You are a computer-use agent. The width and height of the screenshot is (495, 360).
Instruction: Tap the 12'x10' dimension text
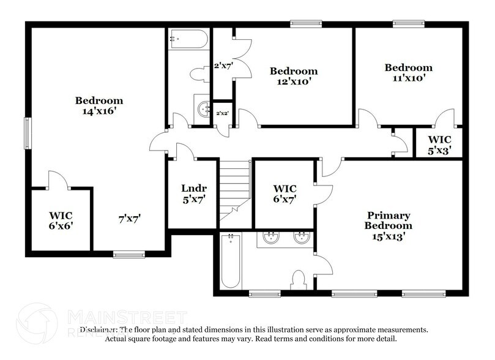294,82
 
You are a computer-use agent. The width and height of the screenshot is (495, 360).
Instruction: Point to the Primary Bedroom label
389,225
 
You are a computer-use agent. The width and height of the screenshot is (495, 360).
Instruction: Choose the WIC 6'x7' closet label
285,194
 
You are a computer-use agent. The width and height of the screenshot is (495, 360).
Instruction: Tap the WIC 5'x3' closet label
439,144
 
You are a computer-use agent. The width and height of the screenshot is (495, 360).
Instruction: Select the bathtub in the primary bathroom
230,260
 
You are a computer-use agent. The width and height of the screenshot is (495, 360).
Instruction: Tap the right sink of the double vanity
302,238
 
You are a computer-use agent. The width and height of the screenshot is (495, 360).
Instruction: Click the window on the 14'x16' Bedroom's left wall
27,132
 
